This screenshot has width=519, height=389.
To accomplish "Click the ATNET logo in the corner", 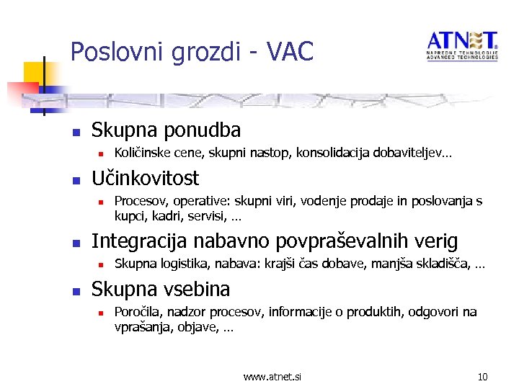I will coord(462,45).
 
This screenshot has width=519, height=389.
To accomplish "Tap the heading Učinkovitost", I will coord(145,178).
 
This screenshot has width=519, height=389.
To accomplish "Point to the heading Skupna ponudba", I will coord(166,130).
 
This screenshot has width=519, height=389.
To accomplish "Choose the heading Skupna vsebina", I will coord(161,290).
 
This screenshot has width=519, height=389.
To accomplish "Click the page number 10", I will coord(483,377).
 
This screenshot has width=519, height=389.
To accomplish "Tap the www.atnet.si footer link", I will coord(272,377).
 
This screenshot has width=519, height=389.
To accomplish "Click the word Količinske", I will coord(143,153).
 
